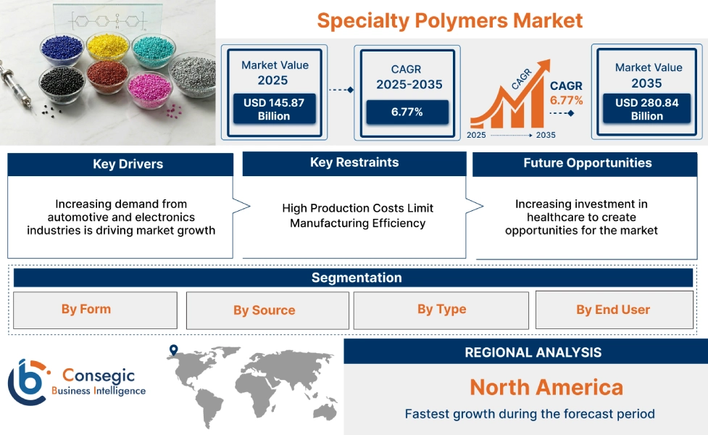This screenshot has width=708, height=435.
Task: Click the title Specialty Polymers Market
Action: tap(449, 20)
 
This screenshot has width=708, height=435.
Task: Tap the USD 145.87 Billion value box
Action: tap(274, 109)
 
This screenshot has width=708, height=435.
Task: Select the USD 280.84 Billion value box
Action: tap(647, 109)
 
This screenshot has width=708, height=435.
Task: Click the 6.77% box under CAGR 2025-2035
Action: tap(407, 112)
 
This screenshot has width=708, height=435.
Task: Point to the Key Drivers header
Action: tap(120, 165)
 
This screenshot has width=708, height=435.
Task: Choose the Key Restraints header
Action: tap(354, 163)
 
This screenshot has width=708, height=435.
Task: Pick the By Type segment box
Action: tap(441, 310)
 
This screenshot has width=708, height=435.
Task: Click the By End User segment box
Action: tap(613, 310)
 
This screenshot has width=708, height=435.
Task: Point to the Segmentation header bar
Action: tap(356, 278)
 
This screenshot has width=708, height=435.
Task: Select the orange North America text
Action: tap(546, 387)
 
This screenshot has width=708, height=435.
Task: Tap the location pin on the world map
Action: tap(173, 351)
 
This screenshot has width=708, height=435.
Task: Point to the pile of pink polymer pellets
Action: tap(149, 88)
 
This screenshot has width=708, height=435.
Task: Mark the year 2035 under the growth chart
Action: tap(545, 135)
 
